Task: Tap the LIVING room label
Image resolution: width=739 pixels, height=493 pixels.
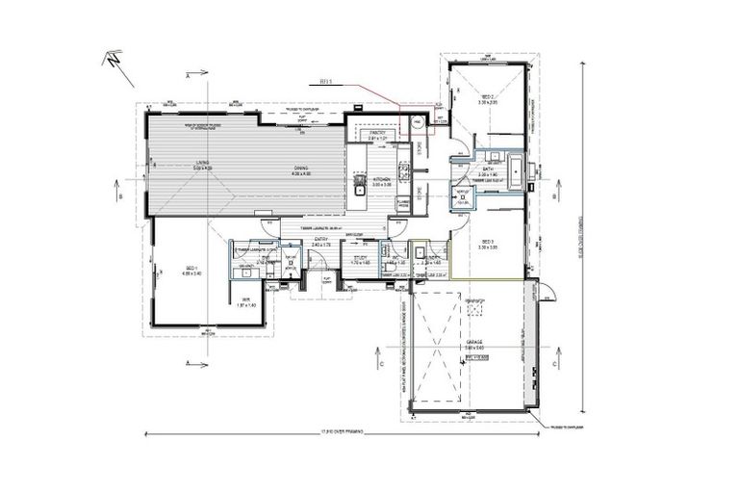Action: [202, 164]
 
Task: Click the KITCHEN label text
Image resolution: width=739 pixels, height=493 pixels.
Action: [381, 179]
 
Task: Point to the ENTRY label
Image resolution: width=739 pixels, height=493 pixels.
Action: [320, 243]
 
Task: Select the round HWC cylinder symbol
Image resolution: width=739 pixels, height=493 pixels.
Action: [418, 123]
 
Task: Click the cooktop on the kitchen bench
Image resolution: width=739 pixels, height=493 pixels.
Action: [405, 173]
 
